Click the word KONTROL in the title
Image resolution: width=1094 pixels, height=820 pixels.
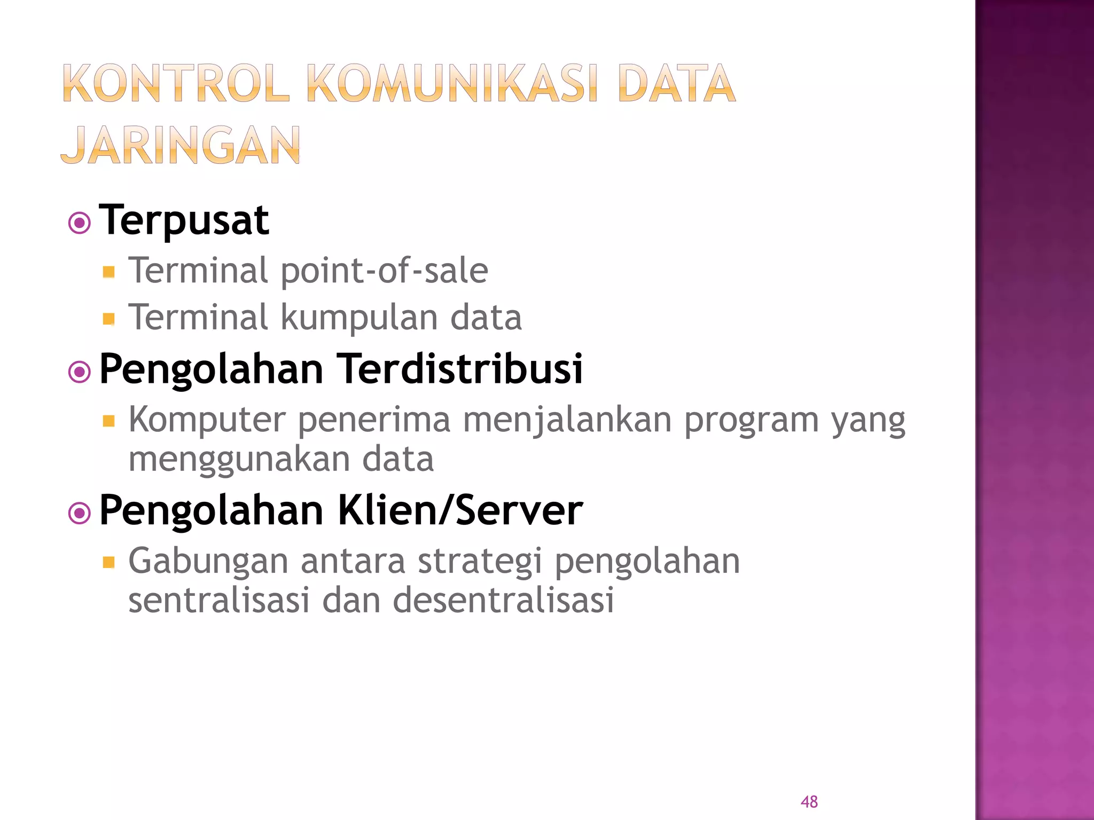(x=176, y=83)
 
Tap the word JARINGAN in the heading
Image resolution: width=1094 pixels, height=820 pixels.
(x=181, y=145)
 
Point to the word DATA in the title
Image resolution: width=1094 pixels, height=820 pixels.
(x=676, y=83)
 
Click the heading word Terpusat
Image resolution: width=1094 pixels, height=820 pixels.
(x=184, y=220)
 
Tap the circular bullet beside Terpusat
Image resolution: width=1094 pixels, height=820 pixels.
(x=80, y=223)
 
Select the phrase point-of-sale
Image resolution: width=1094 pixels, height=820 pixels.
(x=384, y=270)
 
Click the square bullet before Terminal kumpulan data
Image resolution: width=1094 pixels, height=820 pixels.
(x=109, y=319)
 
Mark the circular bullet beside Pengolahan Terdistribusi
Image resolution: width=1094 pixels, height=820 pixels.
(x=80, y=372)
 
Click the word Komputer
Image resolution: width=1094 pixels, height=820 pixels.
(x=207, y=420)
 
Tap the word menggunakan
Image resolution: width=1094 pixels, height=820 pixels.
(x=239, y=459)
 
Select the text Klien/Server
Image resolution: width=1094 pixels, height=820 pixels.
(x=460, y=510)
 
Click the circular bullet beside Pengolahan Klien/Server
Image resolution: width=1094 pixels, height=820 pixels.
(x=80, y=514)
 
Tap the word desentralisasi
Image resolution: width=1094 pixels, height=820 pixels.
(x=503, y=600)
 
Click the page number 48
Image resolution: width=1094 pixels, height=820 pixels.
(x=809, y=801)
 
